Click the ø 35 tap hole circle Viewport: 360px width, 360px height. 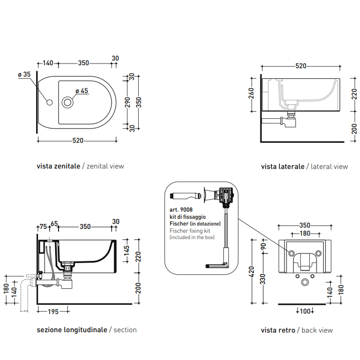pos(49,102)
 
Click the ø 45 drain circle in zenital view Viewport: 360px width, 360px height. pos(67,102)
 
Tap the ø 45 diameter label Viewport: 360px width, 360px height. pos(82,91)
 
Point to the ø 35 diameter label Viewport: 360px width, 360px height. pos(24,74)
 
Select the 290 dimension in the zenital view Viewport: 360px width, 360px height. pos(127,102)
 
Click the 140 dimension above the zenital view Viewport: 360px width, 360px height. pos(48,63)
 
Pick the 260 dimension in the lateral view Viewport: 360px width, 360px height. pos(251,93)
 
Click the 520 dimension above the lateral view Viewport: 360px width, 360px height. pos(301,66)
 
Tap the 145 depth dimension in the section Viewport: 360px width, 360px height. pos(127,250)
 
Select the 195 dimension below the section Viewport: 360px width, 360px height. pos(53,312)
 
